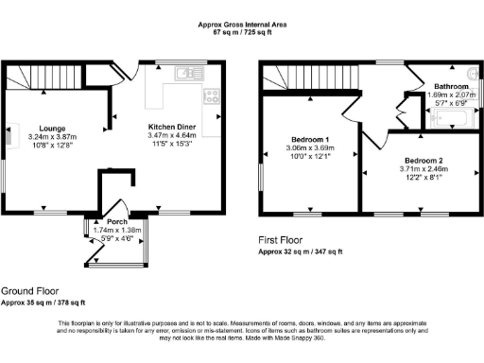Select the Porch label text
116,221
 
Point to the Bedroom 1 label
310,140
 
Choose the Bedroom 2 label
423,161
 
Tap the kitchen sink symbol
190,72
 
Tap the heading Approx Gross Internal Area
242,25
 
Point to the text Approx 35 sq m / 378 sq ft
43,303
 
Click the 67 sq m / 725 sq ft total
242,32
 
